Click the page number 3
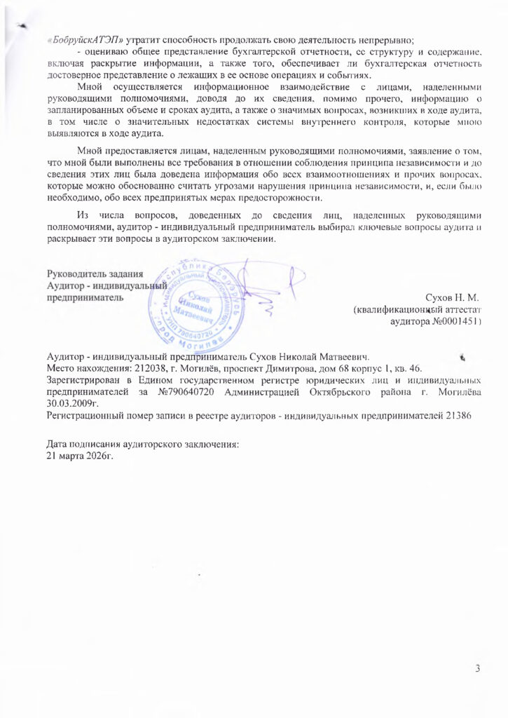(x=477, y=668)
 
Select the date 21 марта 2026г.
(x=78, y=456)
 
